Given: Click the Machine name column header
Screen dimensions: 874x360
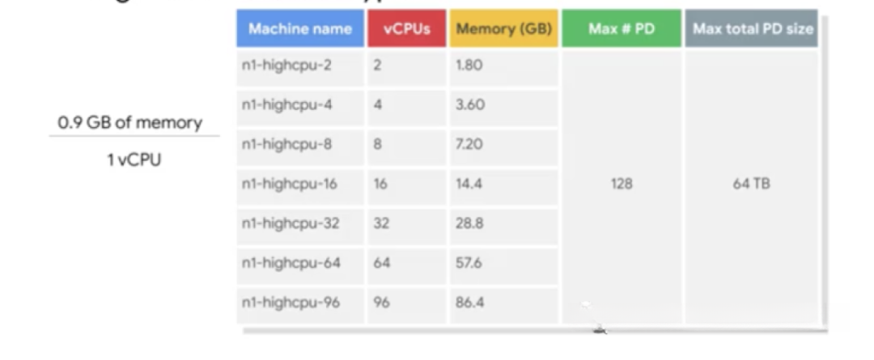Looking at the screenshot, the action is pos(299,29).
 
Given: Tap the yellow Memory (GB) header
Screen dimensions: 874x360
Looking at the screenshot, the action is pos(503,29).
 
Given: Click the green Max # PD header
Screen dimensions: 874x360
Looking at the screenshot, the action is pos(622,29).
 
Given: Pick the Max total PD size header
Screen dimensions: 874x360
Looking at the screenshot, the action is pos(753,29).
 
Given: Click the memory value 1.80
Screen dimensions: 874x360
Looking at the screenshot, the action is pos(469,65).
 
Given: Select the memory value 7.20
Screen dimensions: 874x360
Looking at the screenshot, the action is pos(469,144).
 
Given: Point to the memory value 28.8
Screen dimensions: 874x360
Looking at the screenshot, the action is pos(469,223).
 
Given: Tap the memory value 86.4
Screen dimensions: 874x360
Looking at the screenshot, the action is pos(469,303).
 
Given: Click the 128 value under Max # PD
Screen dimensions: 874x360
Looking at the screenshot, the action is pos(622,184).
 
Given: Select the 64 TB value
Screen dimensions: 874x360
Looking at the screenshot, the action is pos(751,184).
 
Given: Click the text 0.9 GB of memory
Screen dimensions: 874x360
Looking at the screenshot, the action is pos(129,123).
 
